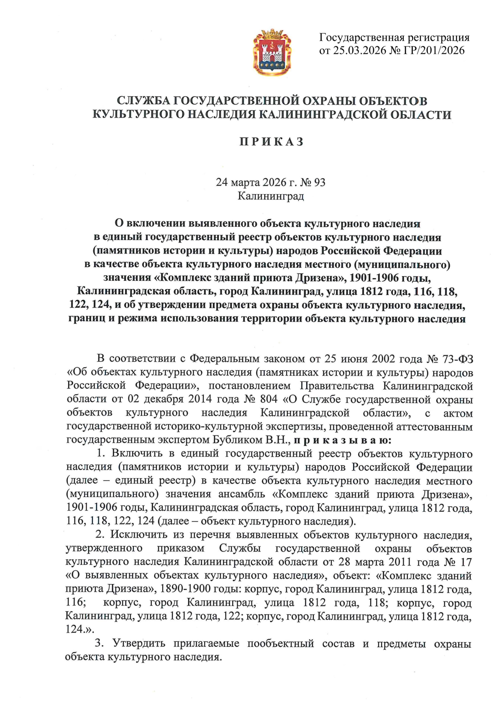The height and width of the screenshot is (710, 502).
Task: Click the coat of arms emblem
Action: tap(272, 52)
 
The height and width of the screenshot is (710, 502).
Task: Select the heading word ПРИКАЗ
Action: tap(271, 142)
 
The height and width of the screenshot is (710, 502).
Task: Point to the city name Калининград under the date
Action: tap(271, 196)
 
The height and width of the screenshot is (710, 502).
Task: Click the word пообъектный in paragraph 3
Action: tap(281, 643)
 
